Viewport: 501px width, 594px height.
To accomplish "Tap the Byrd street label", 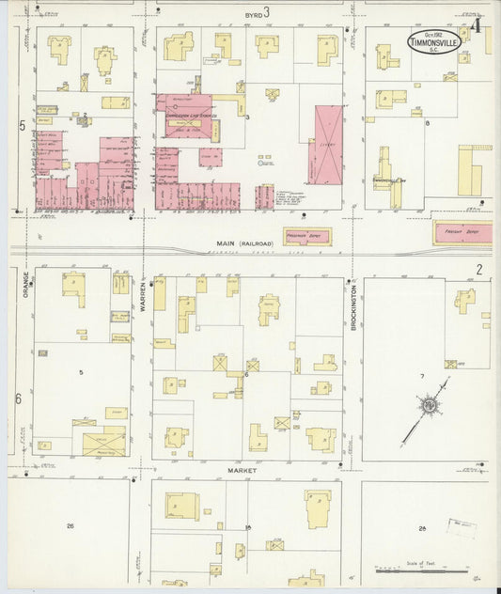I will (x=250, y=14).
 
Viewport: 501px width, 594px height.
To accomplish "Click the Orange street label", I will (x=25, y=288).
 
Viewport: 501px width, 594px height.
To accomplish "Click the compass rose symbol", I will (x=430, y=405).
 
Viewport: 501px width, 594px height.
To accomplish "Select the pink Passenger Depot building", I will (x=307, y=237).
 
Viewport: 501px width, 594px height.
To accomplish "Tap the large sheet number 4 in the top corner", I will (x=478, y=25).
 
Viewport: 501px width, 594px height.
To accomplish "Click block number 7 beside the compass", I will (x=422, y=377).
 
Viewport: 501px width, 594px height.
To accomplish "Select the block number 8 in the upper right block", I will (x=427, y=123).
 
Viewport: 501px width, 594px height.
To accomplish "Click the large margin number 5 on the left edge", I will (x=21, y=125).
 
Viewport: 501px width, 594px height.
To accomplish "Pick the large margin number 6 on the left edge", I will (x=18, y=399).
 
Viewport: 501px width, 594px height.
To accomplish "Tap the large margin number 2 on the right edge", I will (x=478, y=270).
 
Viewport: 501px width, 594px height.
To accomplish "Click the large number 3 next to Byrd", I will (x=267, y=12).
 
